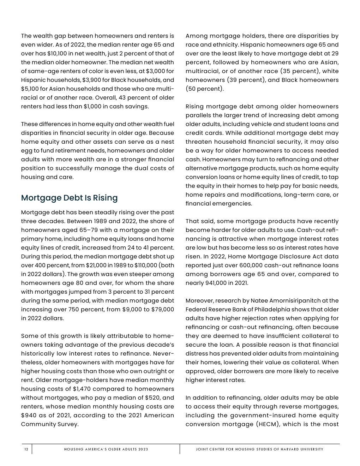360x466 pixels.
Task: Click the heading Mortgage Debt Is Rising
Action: [x=69, y=198]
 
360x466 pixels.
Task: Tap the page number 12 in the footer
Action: [x=26, y=449]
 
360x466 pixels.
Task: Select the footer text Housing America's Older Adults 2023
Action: [x=106, y=449]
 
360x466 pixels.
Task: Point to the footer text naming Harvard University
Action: [x=259, y=449]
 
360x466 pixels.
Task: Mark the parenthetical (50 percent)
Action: [x=205, y=89]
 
